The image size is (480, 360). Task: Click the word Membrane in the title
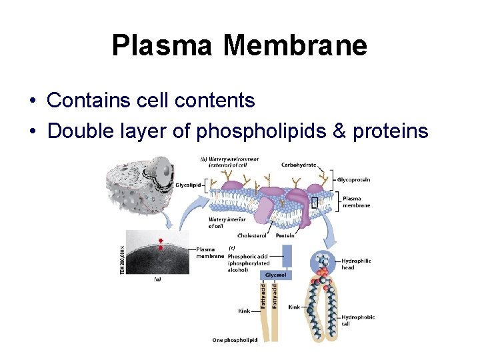click(295, 45)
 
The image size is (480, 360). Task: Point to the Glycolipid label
click(188, 185)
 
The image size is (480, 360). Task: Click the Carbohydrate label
click(298, 165)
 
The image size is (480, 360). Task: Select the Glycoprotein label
click(353, 180)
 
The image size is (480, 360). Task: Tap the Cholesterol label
click(251, 235)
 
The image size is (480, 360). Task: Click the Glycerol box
click(277, 275)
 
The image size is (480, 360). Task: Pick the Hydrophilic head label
click(356, 264)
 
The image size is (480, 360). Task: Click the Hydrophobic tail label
click(357, 320)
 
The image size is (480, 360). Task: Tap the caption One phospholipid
click(235, 340)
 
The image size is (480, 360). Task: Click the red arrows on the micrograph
click(161, 245)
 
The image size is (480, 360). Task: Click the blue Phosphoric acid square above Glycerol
click(287, 255)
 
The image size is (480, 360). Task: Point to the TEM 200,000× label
click(122, 260)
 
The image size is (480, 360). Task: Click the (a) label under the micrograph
click(157, 279)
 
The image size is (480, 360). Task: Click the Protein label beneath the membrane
click(285, 235)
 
